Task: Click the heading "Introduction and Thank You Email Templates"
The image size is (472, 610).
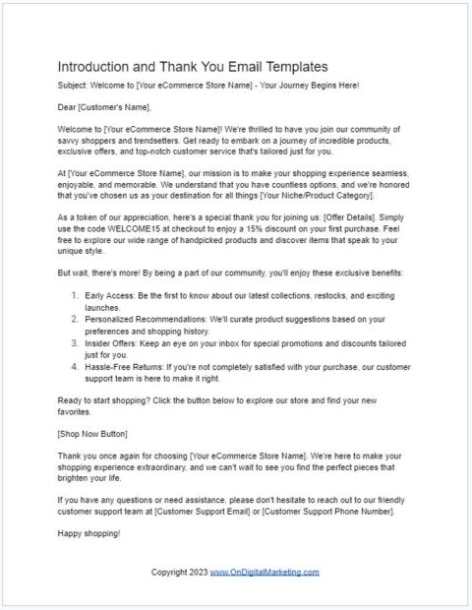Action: [x=192, y=67]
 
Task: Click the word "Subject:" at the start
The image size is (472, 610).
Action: [x=74, y=86]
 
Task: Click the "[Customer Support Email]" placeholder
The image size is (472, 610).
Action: [x=216, y=511]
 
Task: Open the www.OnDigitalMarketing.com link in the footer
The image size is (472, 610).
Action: [x=265, y=572]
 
